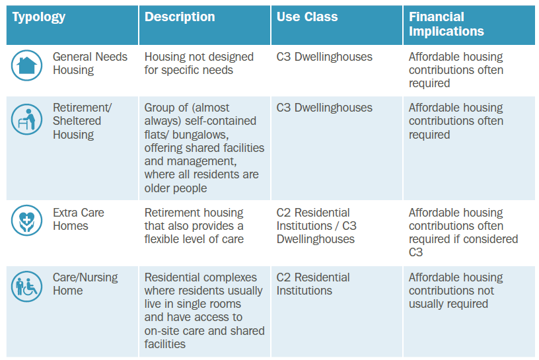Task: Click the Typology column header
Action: [x=38, y=17]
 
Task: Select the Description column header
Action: [x=180, y=17]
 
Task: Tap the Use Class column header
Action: [x=307, y=17]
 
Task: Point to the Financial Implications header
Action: [x=446, y=24]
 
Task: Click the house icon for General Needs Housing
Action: [x=27, y=65]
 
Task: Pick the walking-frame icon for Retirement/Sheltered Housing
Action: [x=27, y=120]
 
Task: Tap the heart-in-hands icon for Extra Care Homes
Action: [x=27, y=221]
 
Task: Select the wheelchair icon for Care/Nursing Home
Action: [x=27, y=287]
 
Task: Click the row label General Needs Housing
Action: [x=90, y=63]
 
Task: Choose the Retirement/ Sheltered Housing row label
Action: [x=82, y=121]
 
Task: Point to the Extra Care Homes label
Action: [x=79, y=219]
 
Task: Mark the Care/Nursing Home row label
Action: [x=85, y=284]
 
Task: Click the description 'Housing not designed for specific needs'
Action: [x=199, y=63]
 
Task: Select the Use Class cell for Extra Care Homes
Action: [x=316, y=226]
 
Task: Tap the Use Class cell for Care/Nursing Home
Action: [x=313, y=284]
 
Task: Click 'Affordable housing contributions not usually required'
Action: [x=456, y=291]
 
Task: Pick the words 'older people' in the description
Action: [x=176, y=188]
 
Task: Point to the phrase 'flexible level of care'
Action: [x=194, y=239]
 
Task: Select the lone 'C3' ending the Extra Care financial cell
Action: [x=415, y=252]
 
